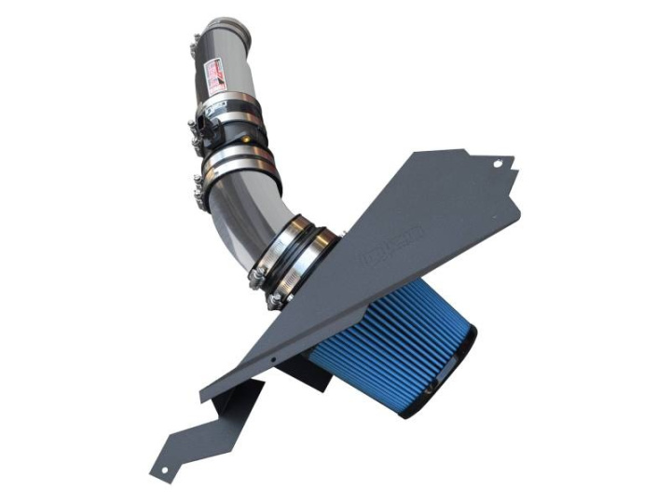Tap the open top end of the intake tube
point(223,22)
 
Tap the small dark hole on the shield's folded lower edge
point(270,357)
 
